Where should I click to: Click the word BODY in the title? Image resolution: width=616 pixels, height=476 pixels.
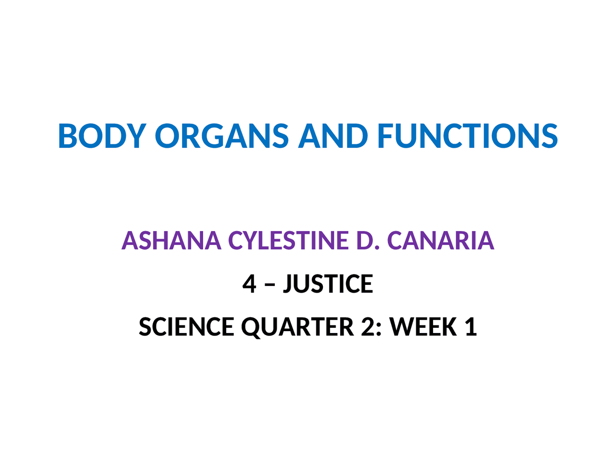click(102, 136)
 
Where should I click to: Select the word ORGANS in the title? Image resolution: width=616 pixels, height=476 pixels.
click(221, 136)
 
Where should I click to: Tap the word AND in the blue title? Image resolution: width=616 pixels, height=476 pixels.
click(333, 136)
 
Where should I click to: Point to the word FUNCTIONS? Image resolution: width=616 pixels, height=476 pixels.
click(467, 136)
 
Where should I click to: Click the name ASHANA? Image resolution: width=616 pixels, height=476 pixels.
click(171, 241)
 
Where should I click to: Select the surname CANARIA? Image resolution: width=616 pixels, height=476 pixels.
click(440, 241)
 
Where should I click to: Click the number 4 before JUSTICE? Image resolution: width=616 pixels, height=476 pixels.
click(249, 283)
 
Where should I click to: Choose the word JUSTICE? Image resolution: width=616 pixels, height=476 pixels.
click(328, 283)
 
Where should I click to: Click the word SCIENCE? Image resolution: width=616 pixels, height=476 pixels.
click(186, 327)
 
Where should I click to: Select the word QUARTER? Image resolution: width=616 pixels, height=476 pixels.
click(297, 327)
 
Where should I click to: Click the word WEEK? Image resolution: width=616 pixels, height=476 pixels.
click(423, 327)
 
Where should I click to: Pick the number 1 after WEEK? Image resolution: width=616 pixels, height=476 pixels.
click(471, 327)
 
